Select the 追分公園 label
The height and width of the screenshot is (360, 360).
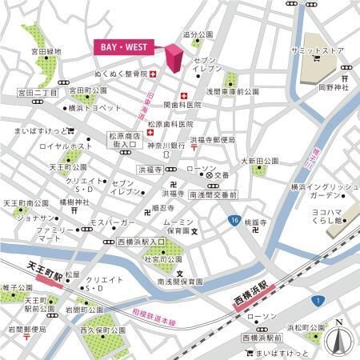pyautogui.click(x=198, y=35)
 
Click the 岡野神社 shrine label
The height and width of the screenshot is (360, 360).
pyautogui.click(x=334, y=88)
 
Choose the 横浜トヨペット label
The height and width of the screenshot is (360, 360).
pyautogui.click(x=94, y=107)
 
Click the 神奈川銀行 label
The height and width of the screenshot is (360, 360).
pyautogui.click(x=166, y=146)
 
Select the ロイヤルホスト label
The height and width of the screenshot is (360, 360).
pyautogui.click(x=50, y=146)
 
